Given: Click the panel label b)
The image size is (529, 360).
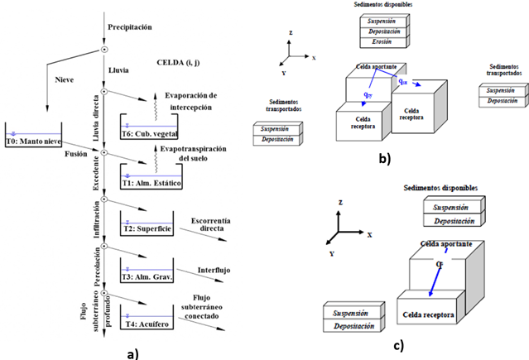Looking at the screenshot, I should pyautogui.click(x=381, y=156).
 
